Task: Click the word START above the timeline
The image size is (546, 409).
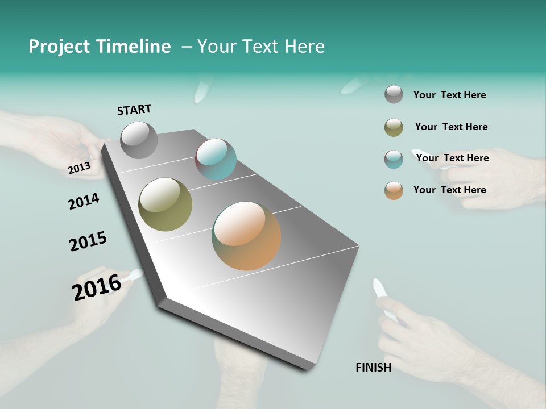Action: [x=134, y=110]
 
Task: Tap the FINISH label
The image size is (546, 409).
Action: [x=373, y=368]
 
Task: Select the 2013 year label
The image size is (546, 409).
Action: [x=79, y=168]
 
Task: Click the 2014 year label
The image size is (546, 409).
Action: [x=84, y=201]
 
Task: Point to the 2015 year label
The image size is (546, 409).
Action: [x=88, y=241]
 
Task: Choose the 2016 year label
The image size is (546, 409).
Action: [x=97, y=287]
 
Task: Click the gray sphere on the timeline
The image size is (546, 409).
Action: [x=139, y=140]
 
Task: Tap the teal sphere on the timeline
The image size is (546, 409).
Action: [x=216, y=159]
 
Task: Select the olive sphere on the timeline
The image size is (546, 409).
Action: [x=165, y=204]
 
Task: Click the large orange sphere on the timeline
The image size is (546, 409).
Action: [x=246, y=236]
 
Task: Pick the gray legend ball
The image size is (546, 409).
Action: [x=394, y=94]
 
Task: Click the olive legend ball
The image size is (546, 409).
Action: [x=394, y=127]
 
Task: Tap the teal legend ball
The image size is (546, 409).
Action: [x=394, y=159]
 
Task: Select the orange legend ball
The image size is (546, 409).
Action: [x=394, y=190]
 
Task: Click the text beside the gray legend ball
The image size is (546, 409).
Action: [x=449, y=95]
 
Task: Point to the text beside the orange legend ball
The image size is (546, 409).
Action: [x=449, y=190]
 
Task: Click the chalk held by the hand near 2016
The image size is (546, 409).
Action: [x=135, y=275]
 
